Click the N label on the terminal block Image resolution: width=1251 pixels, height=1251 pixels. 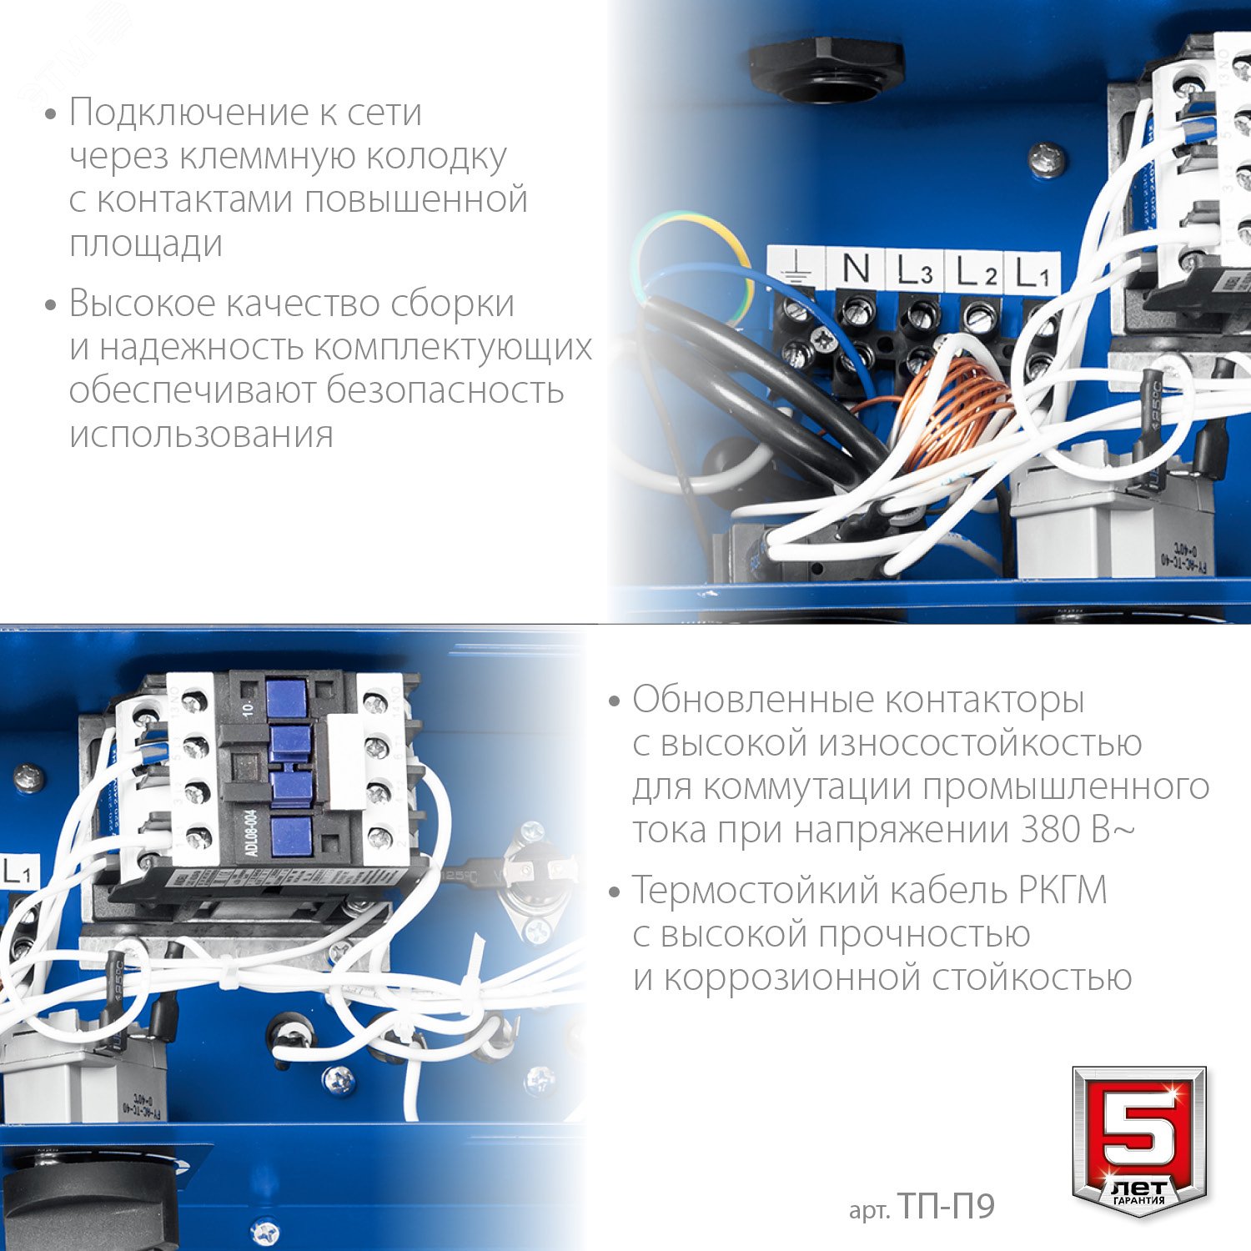[x=856, y=269]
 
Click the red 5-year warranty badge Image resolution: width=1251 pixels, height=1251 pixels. [x=1139, y=1138]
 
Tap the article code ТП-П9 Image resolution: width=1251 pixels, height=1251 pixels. [x=946, y=1207]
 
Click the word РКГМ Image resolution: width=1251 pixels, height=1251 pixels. [x=1063, y=890]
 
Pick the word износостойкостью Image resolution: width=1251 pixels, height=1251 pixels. [x=980, y=743]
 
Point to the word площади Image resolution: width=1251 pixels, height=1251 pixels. [x=146, y=244]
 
